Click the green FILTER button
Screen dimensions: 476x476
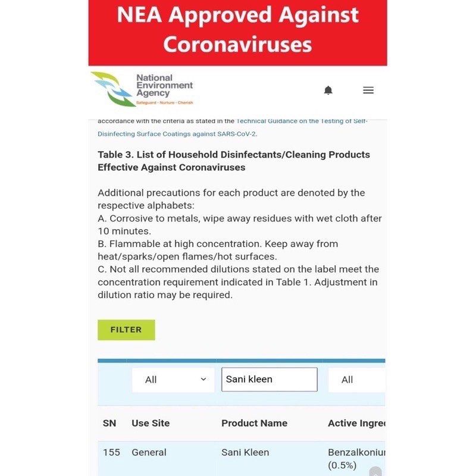[126, 330]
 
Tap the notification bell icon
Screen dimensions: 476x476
[328, 90]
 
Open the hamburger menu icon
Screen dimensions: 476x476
[368, 90]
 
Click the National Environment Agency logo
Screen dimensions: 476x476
[142, 89]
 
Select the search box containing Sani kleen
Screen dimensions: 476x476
[269, 380]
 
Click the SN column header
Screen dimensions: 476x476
[109, 423]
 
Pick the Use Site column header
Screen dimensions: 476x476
[151, 423]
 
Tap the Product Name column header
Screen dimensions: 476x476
[254, 423]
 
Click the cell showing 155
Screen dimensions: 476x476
[111, 452]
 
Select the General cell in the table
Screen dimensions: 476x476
[149, 452]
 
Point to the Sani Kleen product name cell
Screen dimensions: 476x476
[245, 452]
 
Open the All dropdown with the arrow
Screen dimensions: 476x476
[173, 380]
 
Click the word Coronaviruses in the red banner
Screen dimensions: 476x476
[237, 44]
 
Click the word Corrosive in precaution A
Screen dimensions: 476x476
[130, 218]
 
